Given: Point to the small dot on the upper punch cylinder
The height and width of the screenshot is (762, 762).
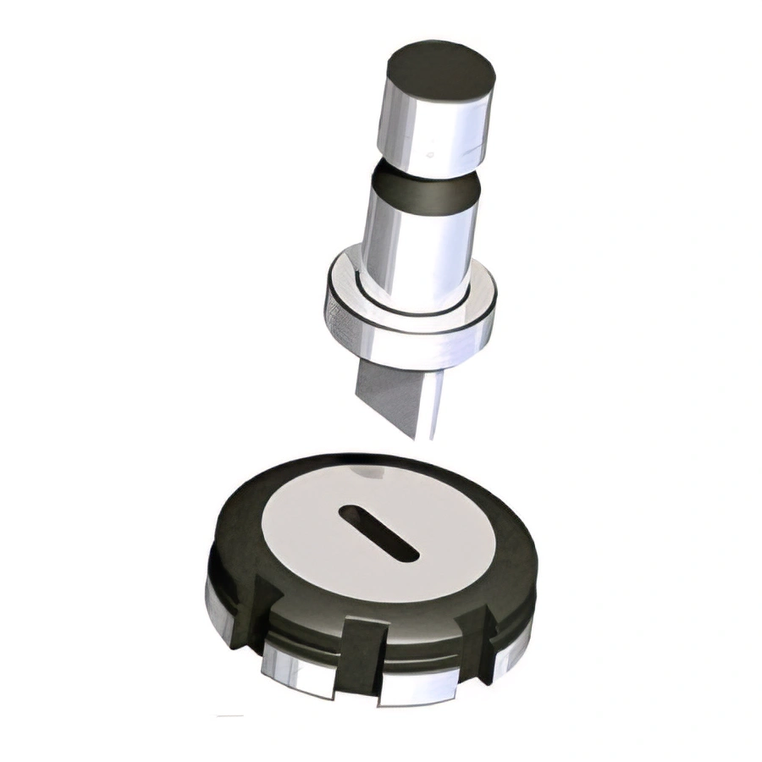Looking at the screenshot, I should [x=431, y=155].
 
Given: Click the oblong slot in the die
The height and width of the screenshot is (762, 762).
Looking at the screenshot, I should [x=378, y=532].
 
